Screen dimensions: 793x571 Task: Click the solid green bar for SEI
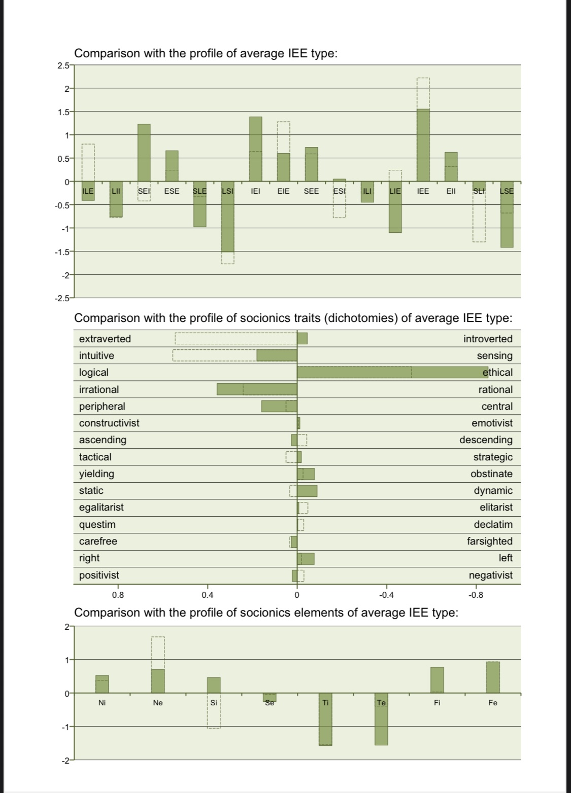[x=144, y=152]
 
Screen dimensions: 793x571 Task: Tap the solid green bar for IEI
[x=255, y=149]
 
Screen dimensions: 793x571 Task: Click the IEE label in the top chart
[x=423, y=191]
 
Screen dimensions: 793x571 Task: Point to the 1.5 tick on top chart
[x=63, y=112]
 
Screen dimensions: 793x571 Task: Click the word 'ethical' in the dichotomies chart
[x=497, y=372]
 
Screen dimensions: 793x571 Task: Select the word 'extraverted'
[x=105, y=339]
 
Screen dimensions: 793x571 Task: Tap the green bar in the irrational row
[x=256, y=389]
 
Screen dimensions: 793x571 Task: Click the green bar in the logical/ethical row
[x=392, y=372]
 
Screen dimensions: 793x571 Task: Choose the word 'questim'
[x=97, y=524]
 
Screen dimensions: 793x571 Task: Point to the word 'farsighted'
[x=489, y=541]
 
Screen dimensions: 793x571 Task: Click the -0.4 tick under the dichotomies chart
[x=386, y=595]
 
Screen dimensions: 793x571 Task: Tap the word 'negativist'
[x=490, y=575]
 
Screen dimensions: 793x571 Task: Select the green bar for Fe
[x=492, y=677]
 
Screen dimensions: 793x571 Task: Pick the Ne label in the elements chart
[x=158, y=703]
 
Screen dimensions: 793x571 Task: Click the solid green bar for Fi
[x=436, y=680]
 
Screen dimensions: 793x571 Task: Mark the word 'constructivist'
[x=109, y=423]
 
